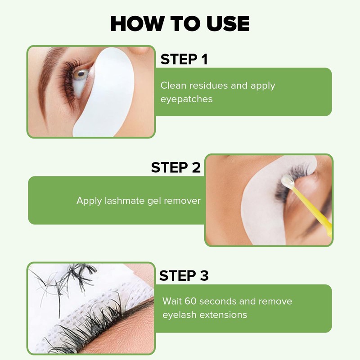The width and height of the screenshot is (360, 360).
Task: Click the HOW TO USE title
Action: coord(180,23)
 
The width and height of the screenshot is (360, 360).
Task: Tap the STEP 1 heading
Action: coord(184,59)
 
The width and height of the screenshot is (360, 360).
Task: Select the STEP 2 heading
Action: coord(175,167)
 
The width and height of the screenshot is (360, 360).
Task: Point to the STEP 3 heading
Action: coord(184,275)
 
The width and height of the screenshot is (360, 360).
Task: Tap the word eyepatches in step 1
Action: coord(186,99)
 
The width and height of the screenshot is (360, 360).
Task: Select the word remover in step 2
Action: coord(182,201)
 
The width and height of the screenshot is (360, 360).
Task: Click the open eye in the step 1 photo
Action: coord(81,74)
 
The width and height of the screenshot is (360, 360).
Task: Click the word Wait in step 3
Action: coord(172,301)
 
